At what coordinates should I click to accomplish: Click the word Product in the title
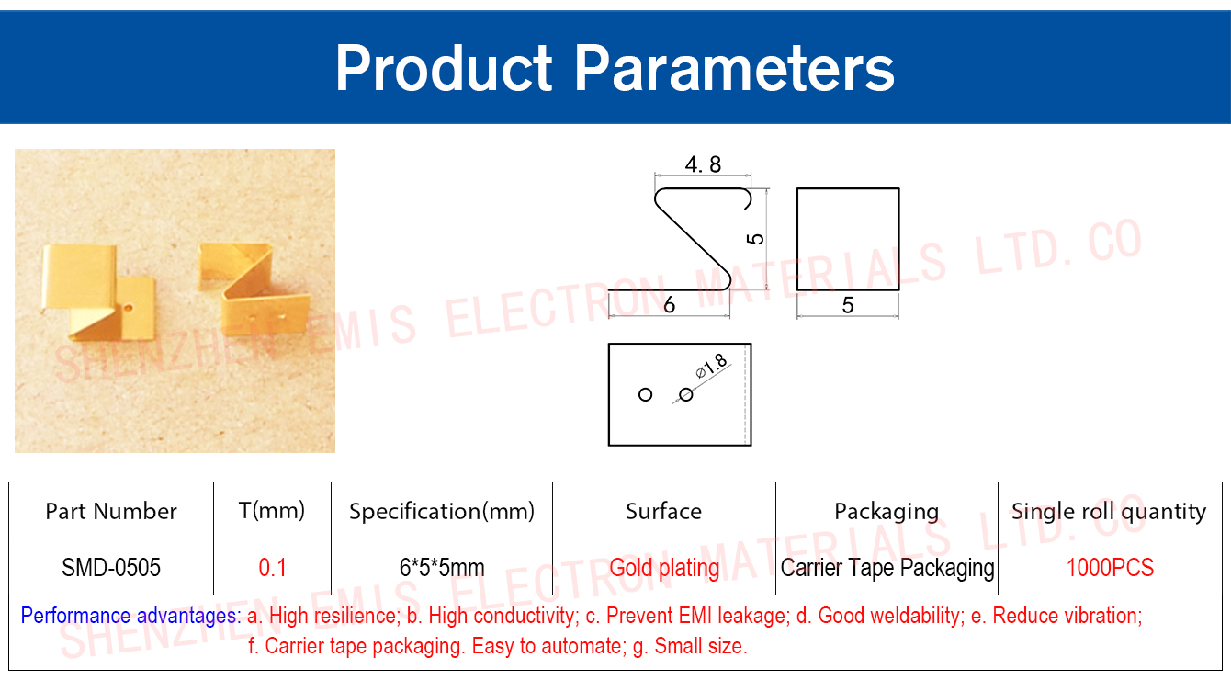click(x=444, y=68)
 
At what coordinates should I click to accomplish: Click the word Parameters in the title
click(x=735, y=68)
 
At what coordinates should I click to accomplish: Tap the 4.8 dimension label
click(x=703, y=164)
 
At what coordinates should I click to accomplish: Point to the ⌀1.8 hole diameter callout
click(x=712, y=366)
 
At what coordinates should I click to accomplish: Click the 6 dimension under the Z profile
click(x=669, y=304)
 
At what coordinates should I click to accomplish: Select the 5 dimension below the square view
click(x=848, y=305)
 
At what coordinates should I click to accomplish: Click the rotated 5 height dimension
click(x=756, y=239)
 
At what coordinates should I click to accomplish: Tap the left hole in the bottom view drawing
click(x=645, y=395)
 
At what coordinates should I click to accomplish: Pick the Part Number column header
click(x=111, y=511)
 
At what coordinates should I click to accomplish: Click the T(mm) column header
click(x=272, y=511)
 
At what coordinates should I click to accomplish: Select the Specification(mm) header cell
click(x=442, y=511)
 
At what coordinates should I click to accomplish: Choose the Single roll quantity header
click(x=1109, y=512)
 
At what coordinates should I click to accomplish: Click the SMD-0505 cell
click(x=111, y=567)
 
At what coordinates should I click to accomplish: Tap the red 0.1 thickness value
click(x=272, y=567)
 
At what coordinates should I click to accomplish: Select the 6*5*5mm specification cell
click(x=442, y=567)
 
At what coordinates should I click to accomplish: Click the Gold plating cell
click(x=664, y=568)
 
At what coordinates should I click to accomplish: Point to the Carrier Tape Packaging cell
click(x=887, y=568)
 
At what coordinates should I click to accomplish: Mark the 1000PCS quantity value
click(x=1110, y=567)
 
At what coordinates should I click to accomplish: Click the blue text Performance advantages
click(x=130, y=616)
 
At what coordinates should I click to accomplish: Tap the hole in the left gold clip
click(x=128, y=308)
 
